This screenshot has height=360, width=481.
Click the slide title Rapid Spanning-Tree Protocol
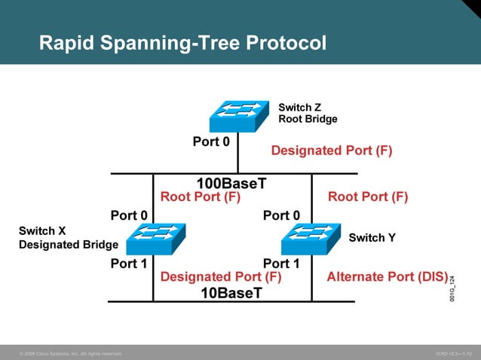(182, 43)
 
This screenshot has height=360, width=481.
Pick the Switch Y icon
(311, 238)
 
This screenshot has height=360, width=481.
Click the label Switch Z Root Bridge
(308, 113)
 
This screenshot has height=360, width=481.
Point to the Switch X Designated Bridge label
(68, 238)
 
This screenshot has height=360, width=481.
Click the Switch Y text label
(372, 238)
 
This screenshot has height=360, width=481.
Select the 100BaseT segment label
(231, 183)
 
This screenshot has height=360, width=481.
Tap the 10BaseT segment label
(231, 293)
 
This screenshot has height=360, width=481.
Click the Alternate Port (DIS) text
(387, 276)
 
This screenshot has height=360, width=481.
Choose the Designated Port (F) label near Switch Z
(332, 151)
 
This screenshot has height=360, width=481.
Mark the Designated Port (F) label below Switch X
(221, 277)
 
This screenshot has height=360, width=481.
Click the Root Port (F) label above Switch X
(201, 197)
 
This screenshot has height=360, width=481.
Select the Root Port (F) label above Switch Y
(368, 197)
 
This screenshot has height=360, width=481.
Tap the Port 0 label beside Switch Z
(211, 141)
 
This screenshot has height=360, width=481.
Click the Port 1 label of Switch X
(129, 264)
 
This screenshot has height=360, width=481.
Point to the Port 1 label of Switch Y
(281, 264)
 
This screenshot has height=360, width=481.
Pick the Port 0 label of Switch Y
(281, 216)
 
